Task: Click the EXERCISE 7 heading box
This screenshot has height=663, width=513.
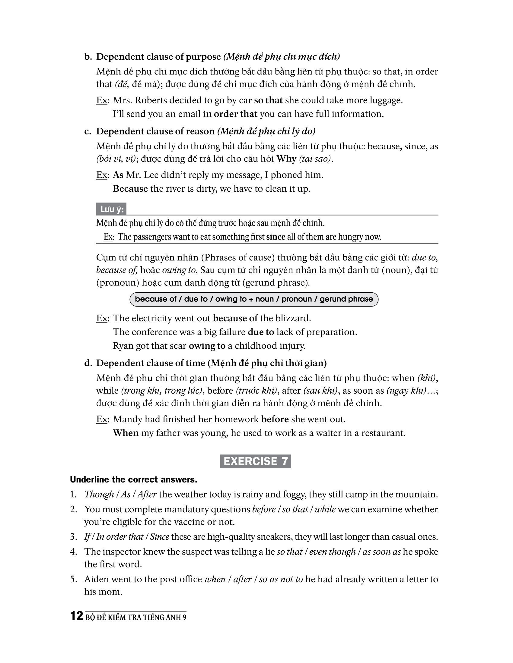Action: click(x=255, y=461)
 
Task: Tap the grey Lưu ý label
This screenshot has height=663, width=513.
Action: click(x=111, y=209)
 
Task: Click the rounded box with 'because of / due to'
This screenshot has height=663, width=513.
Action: click(x=254, y=299)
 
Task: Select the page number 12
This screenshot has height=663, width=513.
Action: click(x=77, y=616)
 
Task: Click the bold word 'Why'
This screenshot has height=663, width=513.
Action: click(x=286, y=159)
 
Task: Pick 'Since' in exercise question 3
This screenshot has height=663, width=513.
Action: click(x=160, y=537)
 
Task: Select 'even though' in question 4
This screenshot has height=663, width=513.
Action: click(x=332, y=551)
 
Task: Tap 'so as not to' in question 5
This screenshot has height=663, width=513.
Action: click(x=281, y=579)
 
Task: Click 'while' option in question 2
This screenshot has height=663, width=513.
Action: click(x=325, y=509)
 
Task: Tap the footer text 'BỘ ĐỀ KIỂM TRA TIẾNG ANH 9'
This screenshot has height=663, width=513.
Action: click(x=136, y=617)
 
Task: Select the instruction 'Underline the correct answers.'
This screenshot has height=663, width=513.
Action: click(x=134, y=480)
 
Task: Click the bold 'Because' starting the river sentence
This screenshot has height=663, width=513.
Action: click(x=130, y=189)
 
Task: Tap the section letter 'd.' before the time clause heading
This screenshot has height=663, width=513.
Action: click(x=88, y=363)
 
